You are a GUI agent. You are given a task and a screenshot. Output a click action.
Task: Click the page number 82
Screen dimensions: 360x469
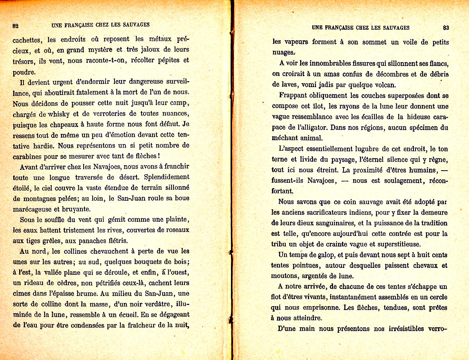(x=16, y=26)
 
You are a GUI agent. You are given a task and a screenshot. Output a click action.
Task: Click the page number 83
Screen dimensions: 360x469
(x=446, y=28)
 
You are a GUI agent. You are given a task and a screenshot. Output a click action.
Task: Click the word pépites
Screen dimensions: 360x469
(x=166, y=60)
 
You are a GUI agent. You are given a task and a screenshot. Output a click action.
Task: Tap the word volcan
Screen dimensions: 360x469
(x=384, y=84)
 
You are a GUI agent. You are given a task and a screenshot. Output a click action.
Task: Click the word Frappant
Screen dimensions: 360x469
(x=294, y=95)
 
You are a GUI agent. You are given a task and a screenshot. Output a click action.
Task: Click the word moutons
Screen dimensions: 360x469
(x=284, y=276)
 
